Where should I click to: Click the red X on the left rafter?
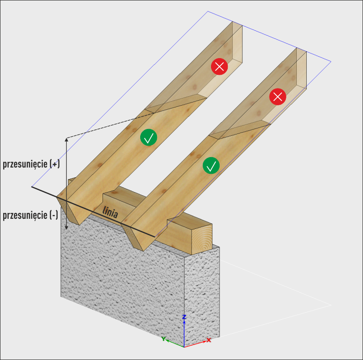tap(220, 67)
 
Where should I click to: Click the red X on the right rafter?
tap(278, 96)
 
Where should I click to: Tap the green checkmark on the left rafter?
tap(148, 137)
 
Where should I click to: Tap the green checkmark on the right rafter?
tap(211, 166)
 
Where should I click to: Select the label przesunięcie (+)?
tap(31, 164)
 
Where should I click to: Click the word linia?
tap(110, 212)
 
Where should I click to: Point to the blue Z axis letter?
tap(184, 316)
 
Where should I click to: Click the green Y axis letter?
tap(163, 338)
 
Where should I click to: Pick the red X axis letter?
tap(209, 340)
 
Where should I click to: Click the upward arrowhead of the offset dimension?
tap(67, 140)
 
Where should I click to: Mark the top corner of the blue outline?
tap(208, 11)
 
